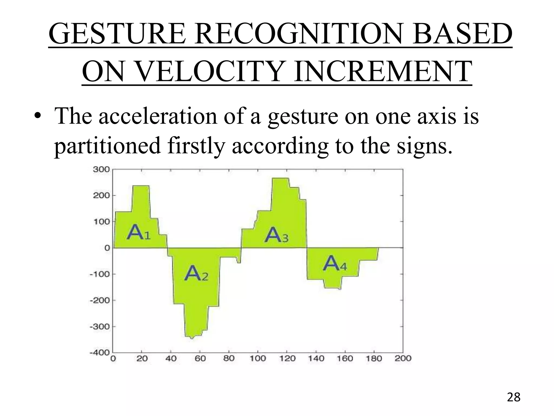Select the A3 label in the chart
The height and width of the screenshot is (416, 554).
click(276, 235)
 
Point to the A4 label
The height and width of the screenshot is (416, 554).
click(335, 264)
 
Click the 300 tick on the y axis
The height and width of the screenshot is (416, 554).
click(101, 170)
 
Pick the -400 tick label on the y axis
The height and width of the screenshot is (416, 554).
click(100, 353)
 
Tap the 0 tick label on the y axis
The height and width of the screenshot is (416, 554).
click(107, 248)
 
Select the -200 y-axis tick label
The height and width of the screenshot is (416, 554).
click(100, 300)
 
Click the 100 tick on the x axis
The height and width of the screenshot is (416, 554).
click(258, 359)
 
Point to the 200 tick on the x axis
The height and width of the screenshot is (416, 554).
click(403, 359)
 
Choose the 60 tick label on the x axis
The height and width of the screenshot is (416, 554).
click(200, 359)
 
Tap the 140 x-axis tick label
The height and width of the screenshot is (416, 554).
click(316, 359)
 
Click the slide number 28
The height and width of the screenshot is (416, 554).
click(513, 398)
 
